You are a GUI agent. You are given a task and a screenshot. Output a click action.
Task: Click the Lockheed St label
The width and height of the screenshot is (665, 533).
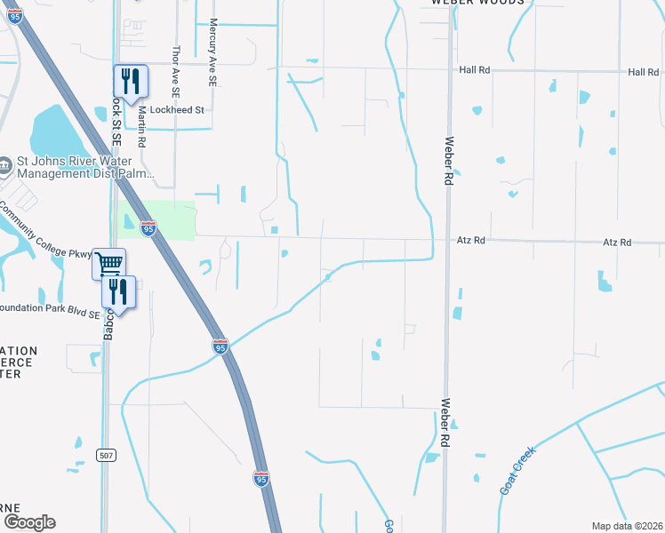coord(178,110)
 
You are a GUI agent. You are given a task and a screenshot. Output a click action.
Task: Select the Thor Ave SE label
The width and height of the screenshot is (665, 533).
coord(176,71)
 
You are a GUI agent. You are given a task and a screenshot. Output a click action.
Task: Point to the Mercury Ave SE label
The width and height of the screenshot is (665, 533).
coord(212,53)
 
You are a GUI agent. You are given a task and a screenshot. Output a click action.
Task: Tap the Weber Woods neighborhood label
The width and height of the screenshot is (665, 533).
coord(473,4)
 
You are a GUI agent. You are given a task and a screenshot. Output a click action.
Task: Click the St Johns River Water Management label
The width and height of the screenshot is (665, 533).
coord(85,168)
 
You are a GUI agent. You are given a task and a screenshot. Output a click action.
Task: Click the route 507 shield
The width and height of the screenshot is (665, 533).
coord(106,456)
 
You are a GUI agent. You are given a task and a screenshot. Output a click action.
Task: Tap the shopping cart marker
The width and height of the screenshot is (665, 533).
coord(108,262)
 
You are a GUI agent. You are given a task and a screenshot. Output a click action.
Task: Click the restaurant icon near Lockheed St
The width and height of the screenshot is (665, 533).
coord(130,81)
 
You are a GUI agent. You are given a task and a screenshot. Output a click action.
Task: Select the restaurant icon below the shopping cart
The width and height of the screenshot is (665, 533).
coord(118,291)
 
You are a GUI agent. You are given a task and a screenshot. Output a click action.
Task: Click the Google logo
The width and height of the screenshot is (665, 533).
coord(28,522)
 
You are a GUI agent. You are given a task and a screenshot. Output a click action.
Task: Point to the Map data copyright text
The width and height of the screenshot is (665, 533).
coord(627,526)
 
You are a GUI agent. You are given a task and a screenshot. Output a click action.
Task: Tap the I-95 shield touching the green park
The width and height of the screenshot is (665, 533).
coord(148,229)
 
